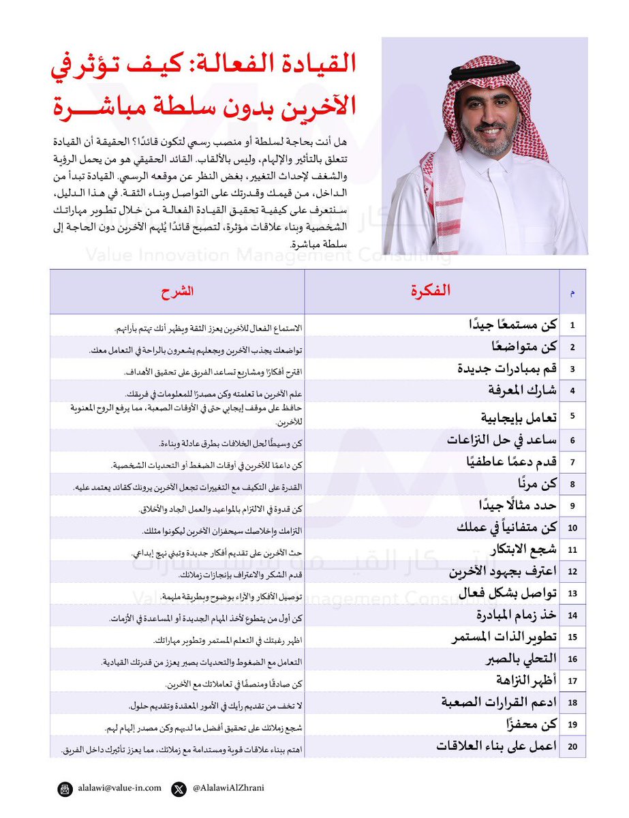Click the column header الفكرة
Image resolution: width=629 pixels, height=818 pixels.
pyautogui.click(x=432, y=291)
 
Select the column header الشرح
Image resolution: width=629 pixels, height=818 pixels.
pyautogui.click(x=177, y=291)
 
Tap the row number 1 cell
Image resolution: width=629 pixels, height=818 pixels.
pyautogui.click(x=572, y=325)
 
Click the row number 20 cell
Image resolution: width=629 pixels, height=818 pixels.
pyautogui.click(x=572, y=746)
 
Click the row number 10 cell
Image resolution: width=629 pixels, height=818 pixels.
pyautogui.click(x=572, y=528)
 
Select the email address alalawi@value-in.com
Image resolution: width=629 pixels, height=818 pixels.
pyautogui.click(x=119, y=788)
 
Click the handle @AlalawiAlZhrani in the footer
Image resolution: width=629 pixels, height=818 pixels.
pyautogui.click(x=228, y=788)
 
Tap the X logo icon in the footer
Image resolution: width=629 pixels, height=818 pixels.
pyautogui.click(x=179, y=789)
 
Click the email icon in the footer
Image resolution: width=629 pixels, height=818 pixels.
pyautogui.click(x=65, y=789)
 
